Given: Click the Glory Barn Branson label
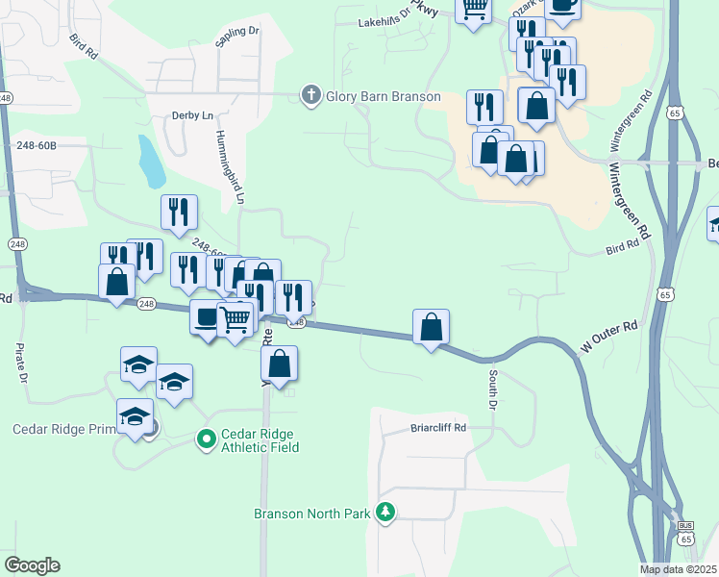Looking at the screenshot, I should (x=383, y=96).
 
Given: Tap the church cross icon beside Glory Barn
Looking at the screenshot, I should (x=310, y=95).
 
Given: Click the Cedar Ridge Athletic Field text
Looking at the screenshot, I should (x=260, y=440).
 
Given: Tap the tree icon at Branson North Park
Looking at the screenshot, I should (x=385, y=512).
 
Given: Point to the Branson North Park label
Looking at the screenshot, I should (x=312, y=514).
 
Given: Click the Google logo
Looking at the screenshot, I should (x=33, y=565).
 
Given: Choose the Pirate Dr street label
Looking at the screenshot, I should (x=20, y=363).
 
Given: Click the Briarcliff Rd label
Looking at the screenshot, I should (x=438, y=428).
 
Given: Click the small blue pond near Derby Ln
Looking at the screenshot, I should (x=150, y=163).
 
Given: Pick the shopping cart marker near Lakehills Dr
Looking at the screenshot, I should (x=473, y=11).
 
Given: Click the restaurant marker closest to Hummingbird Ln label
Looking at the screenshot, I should (x=179, y=213).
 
